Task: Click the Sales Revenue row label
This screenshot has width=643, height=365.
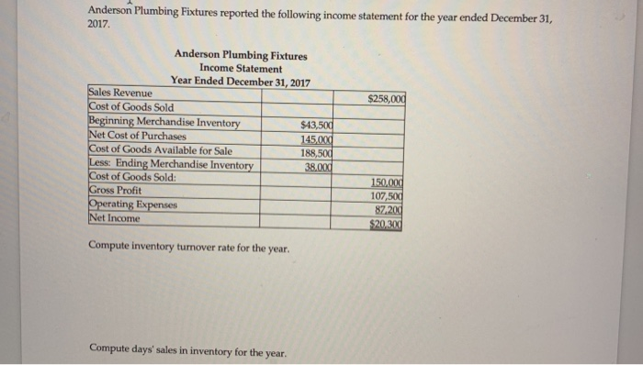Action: [x=120, y=93]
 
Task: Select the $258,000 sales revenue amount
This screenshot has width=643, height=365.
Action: [x=386, y=99]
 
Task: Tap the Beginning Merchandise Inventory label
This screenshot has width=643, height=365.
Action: [x=164, y=122]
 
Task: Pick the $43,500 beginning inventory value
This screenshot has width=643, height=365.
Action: [x=315, y=124]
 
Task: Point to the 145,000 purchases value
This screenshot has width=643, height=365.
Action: [x=315, y=138]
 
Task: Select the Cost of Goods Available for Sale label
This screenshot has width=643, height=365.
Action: [x=160, y=150]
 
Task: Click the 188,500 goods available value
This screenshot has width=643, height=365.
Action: [x=315, y=152]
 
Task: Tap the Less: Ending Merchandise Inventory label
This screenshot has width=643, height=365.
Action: [x=170, y=164]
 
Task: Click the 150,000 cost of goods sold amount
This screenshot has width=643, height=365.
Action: [x=387, y=181]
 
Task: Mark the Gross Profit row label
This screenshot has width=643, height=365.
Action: [x=115, y=190]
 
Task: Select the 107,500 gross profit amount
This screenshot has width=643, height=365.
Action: [x=387, y=194]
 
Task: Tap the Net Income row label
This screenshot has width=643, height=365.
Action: [x=114, y=218]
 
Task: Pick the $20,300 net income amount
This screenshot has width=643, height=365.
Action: [x=386, y=223]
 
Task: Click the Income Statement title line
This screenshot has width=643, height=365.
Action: [x=240, y=69]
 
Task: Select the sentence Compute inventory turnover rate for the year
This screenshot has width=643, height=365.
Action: [x=189, y=248]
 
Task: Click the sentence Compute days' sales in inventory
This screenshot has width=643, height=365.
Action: [x=187, y=349]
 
